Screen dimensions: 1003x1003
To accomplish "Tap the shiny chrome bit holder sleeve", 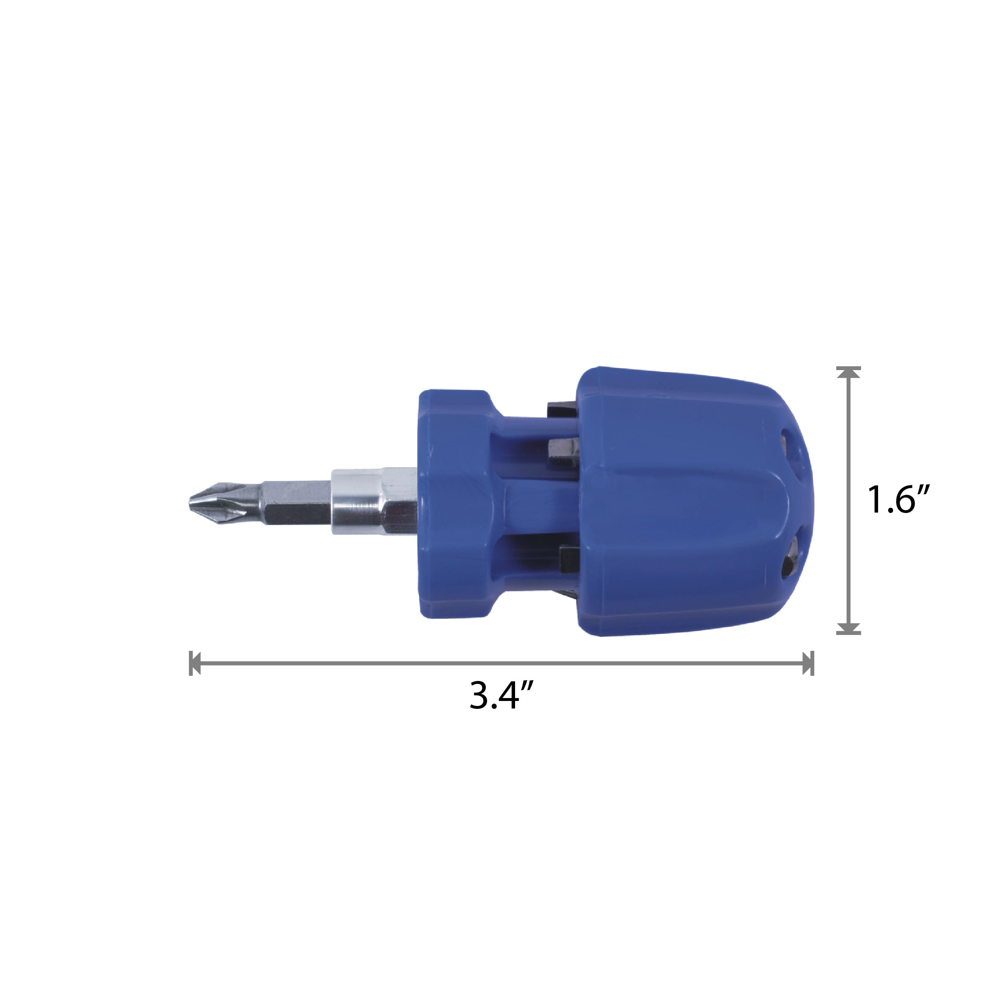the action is [x=374, y=501].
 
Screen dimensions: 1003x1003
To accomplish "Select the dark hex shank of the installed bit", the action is [x=296, y=501].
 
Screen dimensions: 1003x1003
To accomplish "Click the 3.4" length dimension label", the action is [x=501, y=695].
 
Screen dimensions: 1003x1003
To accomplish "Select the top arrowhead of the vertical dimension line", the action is [x=848, y=372].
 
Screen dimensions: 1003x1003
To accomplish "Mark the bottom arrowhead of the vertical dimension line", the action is [x=848, y=628].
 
